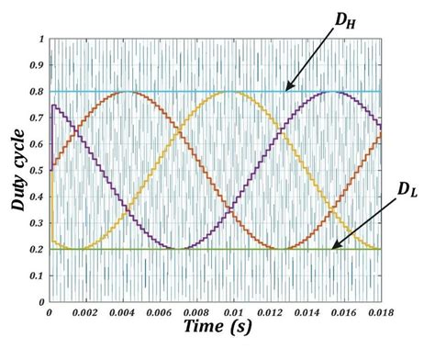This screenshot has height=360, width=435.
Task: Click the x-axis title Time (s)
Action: [216, 328]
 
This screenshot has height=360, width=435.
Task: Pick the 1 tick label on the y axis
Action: [41, 39]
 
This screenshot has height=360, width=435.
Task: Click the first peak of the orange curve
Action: [128, 91]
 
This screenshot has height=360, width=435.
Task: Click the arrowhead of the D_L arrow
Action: [334, 246]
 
